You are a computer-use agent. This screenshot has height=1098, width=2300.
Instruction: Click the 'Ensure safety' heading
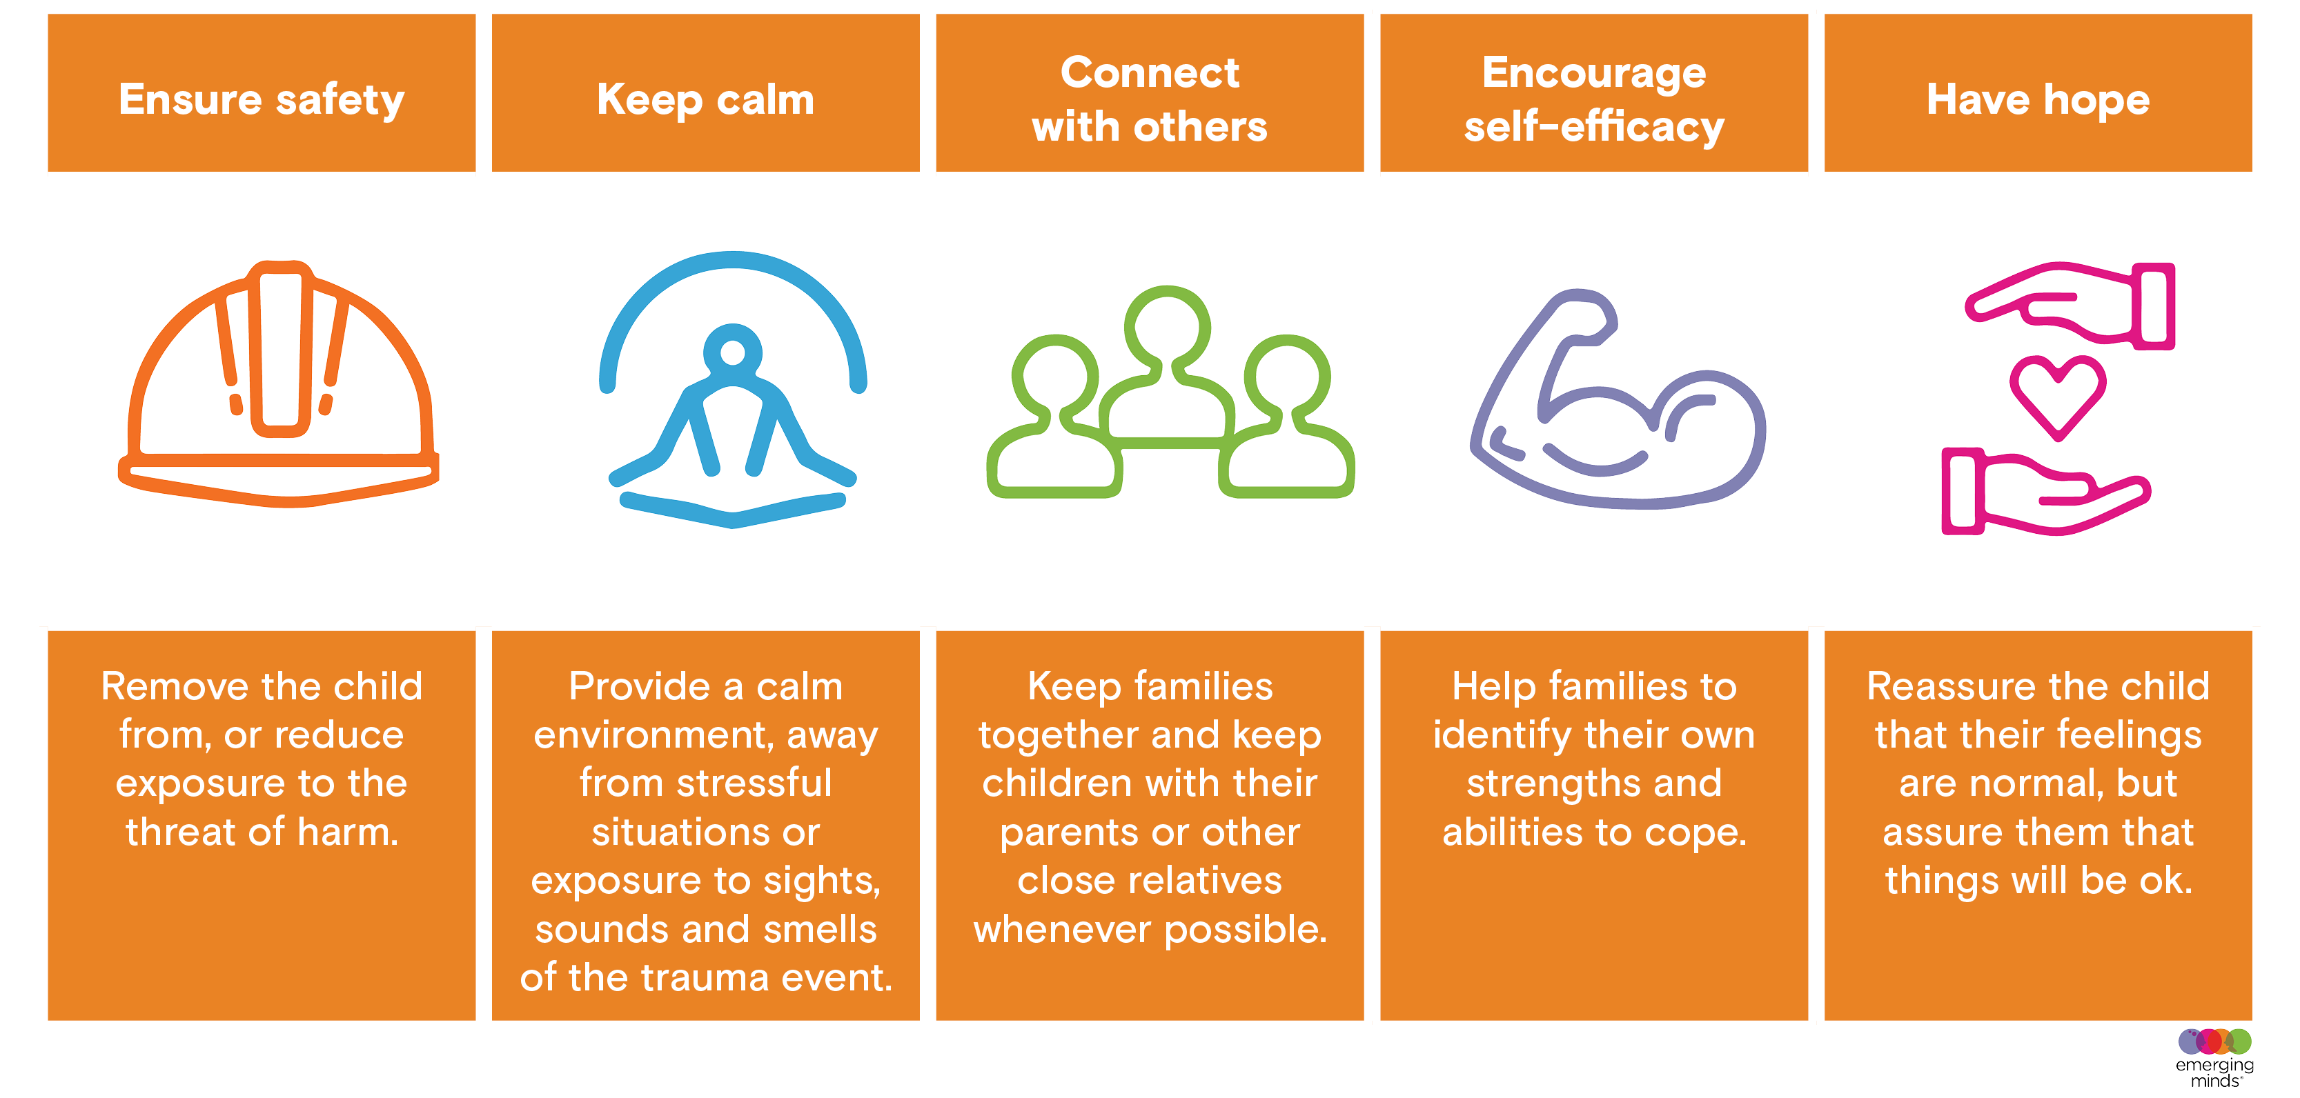tap(262, 100)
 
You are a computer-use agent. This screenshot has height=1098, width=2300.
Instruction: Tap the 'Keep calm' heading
tap(705, 100)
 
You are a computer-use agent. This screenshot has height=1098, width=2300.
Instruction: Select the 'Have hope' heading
tap(2038, 100)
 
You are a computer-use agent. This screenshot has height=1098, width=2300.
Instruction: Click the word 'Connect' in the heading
tap(1150, 72)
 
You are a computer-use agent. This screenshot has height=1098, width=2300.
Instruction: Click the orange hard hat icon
tap(279, 384)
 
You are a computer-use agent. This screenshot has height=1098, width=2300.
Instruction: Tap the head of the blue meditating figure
tap(732, 352)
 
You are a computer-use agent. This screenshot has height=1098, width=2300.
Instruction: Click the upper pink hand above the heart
tap(2072, 304)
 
